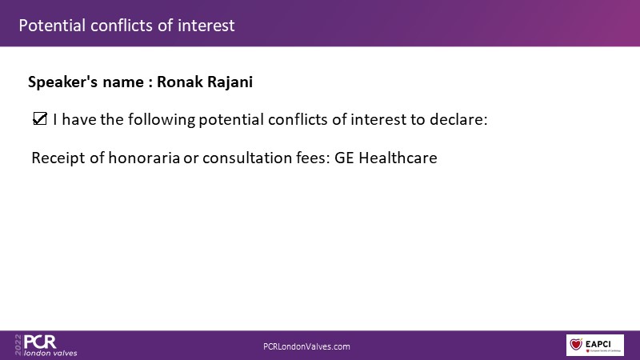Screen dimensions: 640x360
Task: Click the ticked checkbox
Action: pos(40,118)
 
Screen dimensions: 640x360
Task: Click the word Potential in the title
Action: pos(52,26)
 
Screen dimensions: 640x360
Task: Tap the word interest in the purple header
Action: pos(206,26)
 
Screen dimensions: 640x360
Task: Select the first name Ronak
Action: pos(180,82)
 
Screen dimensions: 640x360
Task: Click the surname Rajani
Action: pos(230,82)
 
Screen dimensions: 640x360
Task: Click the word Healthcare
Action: pos(398,158)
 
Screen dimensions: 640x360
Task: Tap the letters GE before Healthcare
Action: pos(344,158)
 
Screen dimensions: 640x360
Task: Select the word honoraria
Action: pos(144,158)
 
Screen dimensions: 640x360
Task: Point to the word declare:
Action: pos(458,119)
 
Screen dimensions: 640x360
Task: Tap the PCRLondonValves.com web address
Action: pos(306,346)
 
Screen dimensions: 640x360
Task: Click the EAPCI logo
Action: pos(595,345)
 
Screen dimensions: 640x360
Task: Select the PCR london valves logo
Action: pos(46,346)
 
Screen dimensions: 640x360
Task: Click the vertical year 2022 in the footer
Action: pos(18,345)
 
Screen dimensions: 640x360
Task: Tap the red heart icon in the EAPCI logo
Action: pos(576,344)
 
